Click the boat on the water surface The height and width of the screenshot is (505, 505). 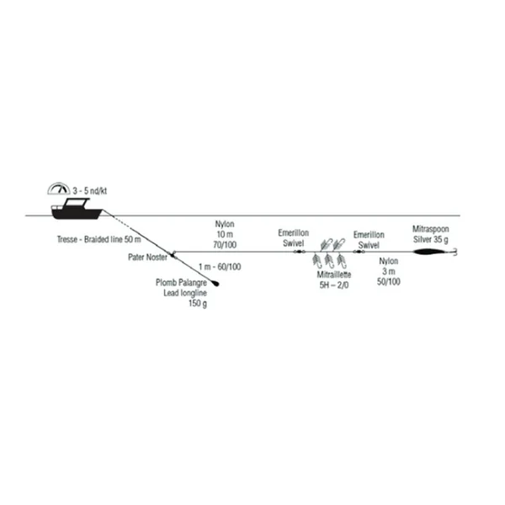click(x=77, y=210)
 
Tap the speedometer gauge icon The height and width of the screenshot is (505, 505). click(x=59, y=189)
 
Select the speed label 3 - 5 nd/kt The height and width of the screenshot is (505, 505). click(x=89, y=191)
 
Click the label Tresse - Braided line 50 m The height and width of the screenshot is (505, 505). click(x=98, y=239)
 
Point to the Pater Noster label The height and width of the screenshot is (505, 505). click(x=147, y=257)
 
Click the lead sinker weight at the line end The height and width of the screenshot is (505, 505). click(x=215, y=283)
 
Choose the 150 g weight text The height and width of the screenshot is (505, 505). click(x=198, y=303)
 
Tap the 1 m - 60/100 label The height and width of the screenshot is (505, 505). click(x=220, y=267)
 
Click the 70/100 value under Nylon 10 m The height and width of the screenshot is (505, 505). click(x=225, y=245)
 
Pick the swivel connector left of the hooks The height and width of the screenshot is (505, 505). click(x=300, y=252)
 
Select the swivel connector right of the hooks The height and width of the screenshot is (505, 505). click(x=359, y=252)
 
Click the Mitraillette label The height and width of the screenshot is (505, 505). click(x=334, y=274)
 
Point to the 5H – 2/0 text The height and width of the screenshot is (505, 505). click(x=334, y=285)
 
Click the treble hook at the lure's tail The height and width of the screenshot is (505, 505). click(x=454, y=252)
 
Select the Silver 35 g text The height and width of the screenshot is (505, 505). click(x=431, y=240)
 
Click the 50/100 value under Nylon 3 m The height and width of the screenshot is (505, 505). click(x=389, y=281)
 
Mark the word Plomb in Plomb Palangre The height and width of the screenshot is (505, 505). click(x=166, y=283)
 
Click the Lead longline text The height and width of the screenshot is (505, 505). click(x=185, y=293)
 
